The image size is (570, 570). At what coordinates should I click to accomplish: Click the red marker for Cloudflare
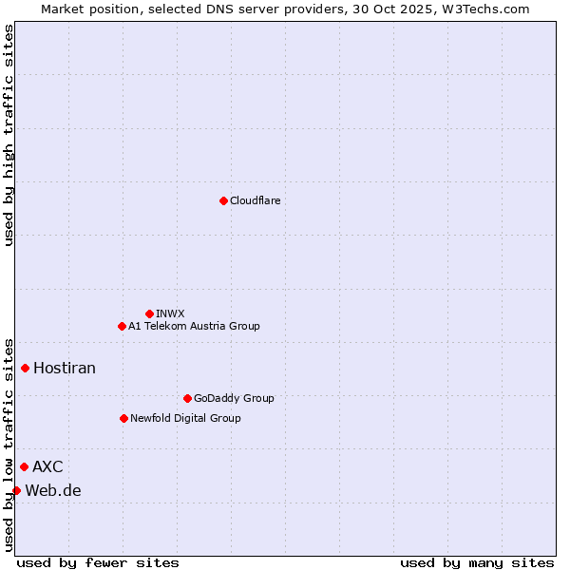click(223, 200)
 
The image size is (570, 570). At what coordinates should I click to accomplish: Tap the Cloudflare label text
click(255, 200)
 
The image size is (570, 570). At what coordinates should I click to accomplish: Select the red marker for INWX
click(149, 313)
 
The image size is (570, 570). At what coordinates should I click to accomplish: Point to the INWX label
click(170, 313)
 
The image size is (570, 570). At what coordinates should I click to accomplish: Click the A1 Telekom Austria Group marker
click(122, 326)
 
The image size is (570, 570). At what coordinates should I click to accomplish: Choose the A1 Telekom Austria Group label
click(194, 326)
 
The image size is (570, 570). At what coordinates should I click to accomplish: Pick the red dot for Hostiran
click(26, 368)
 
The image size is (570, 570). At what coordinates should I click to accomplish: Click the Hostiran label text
click(65, 368)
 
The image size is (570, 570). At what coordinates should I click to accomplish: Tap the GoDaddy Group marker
click(187, 398)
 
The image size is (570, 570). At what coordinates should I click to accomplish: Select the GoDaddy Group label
click(234, 398)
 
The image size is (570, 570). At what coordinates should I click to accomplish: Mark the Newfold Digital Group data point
click(123, 418)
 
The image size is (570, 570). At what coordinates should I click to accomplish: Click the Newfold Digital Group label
click(185, 418)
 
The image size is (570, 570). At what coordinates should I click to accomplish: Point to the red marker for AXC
click(24, 466)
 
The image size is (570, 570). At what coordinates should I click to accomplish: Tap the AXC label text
click(47, 466)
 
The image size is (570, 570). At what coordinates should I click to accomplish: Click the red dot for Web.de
click(16, 490)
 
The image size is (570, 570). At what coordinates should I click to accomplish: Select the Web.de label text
click(53, 490)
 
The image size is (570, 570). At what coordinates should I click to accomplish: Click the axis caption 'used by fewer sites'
click(98, 562)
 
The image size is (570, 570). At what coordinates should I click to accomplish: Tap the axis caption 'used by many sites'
click(477, 562)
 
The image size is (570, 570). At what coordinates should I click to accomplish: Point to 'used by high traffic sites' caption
click(9, 135)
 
